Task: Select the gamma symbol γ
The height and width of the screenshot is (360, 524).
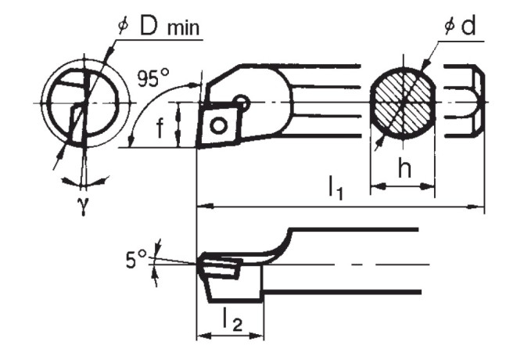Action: point(82,208)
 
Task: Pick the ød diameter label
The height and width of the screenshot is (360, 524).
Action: point(461,27)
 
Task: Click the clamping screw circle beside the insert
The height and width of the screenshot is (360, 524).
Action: point(244,102)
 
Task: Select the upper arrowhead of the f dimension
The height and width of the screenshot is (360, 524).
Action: point(180,107)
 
